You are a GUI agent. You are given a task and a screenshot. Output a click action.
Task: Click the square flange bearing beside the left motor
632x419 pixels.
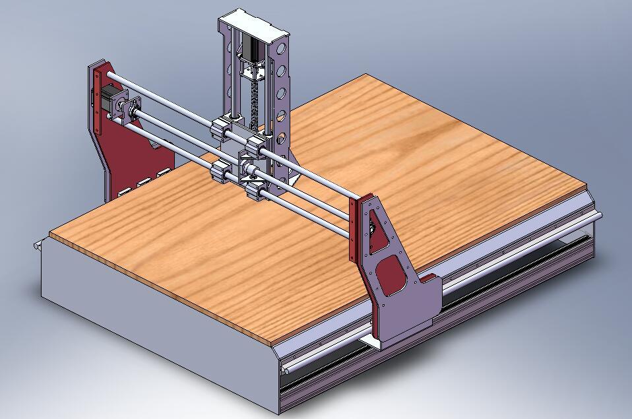point(127,107)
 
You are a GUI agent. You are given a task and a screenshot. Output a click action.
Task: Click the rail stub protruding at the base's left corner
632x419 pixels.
point(38,246)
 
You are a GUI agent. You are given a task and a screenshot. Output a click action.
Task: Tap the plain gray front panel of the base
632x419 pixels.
point(152,337)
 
